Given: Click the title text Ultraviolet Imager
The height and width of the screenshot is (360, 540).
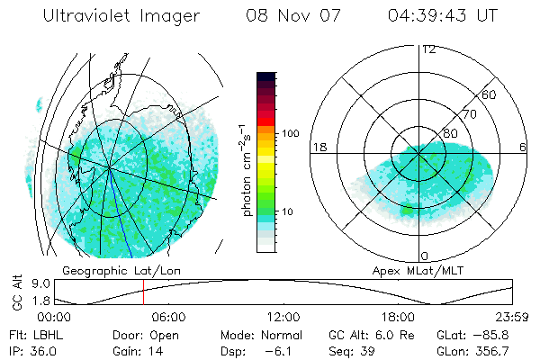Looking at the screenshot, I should [x=122, y=16].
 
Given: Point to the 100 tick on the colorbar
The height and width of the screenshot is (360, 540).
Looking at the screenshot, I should [x=290, y=133].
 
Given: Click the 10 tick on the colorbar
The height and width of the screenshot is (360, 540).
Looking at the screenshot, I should [x=290, y=212].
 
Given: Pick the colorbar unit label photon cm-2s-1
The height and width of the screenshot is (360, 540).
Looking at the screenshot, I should [x=246, y=166].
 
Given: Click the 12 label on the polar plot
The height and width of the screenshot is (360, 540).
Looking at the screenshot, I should [x=428, y=49].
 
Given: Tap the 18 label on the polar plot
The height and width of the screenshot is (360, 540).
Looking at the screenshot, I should [x=318, y=147].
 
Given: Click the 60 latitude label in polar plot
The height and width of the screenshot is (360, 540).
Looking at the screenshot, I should [x=490, y=95].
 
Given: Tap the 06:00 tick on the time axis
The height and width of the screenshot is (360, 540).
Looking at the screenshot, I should [x=168, y=318].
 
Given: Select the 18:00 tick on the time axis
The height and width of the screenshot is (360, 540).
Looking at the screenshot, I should [x=398, y=318].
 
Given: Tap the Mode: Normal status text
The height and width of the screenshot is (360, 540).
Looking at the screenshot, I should [x=256, y=334].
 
